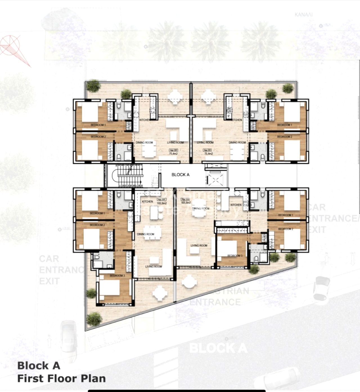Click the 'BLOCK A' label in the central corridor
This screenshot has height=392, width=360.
[x=180, y=175]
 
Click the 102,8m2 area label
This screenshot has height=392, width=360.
[x=162, y=203]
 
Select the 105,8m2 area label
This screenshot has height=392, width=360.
[x=186, y=202]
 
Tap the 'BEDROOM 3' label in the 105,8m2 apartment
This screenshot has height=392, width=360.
[x=235, y=256]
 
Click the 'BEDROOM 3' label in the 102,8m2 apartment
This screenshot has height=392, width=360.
[x=117, y=276]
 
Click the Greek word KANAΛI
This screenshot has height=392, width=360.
[x=303, y=15]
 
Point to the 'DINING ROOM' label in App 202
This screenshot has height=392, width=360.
[x=144, y=143]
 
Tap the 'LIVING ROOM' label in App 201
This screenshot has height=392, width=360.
[x=205, y=143]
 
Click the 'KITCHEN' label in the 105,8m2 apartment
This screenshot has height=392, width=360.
[x=236, y=205]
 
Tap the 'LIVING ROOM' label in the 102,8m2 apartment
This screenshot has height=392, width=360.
[x=154, y=267]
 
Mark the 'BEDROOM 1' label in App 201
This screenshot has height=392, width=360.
[x=284, y=125]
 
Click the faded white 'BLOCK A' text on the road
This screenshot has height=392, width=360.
[x=218, y=348]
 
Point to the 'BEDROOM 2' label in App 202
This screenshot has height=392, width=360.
[x=98, y=137]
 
